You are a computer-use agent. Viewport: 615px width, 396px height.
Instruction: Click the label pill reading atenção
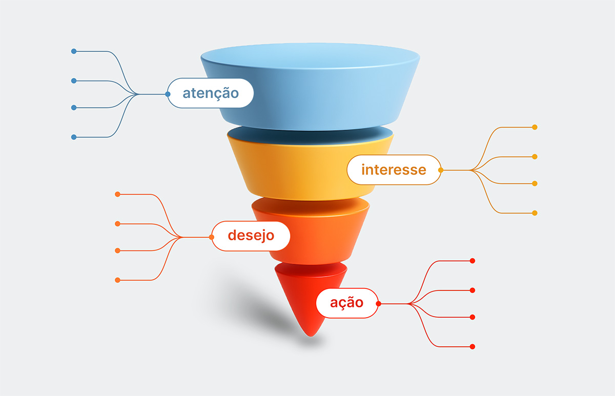click(x=211, y=93)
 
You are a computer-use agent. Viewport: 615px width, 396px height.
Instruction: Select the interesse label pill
click(x=394, y=170)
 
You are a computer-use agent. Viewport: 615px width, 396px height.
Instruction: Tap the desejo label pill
click(x=251, y=236)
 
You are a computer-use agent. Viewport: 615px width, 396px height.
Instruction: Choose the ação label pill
click(x=347, y=303)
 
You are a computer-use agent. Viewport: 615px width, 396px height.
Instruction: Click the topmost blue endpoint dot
click(x=74, y=51)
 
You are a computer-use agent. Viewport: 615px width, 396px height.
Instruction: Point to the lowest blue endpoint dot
click(x=74, y=137)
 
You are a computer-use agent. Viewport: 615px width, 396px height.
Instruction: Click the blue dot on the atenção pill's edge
click(x=168, y=94)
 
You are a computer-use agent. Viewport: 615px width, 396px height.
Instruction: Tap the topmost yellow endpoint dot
click(x=535, y=127)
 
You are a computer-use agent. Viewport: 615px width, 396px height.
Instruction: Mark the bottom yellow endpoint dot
click(x=535, y=213)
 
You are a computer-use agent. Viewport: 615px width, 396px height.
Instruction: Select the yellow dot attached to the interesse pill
click(x=441, y=170)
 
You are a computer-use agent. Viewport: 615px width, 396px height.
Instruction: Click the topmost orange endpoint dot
click(x=117, y=194)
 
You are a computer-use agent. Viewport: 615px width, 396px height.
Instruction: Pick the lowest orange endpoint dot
click(x=117, y=280)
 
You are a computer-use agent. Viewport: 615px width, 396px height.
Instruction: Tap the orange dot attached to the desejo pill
click(x=211, y=237)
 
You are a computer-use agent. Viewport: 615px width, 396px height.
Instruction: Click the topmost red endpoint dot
click(x=473, y=261)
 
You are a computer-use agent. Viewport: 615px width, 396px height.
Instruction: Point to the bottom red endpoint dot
click(x=473, y=347)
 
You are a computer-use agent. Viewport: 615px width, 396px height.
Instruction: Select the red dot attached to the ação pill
click(x=379, y=303)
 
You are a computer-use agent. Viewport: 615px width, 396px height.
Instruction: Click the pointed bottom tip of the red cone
click(x=311, y=336)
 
